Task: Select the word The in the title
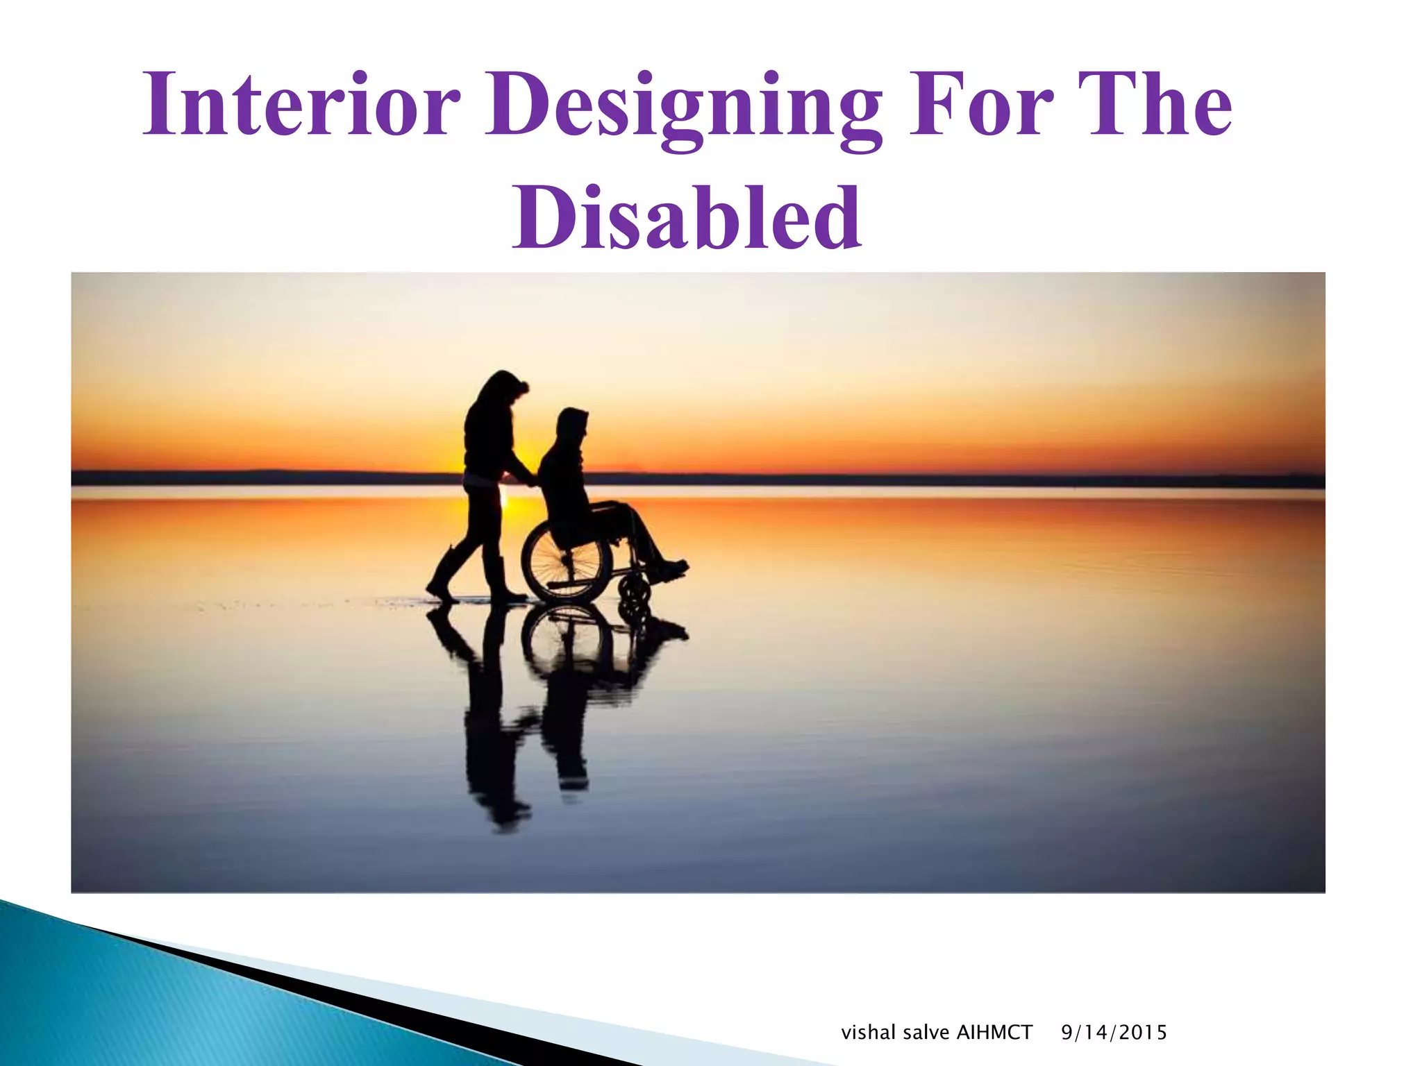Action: [x=1153, y=105]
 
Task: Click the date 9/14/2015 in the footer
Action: [x=1114, y=1033]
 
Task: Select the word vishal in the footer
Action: [x=868, y=1033]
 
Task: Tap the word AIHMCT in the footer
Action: [x=994, y=1033]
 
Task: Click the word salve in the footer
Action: [x=927, y=1033]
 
